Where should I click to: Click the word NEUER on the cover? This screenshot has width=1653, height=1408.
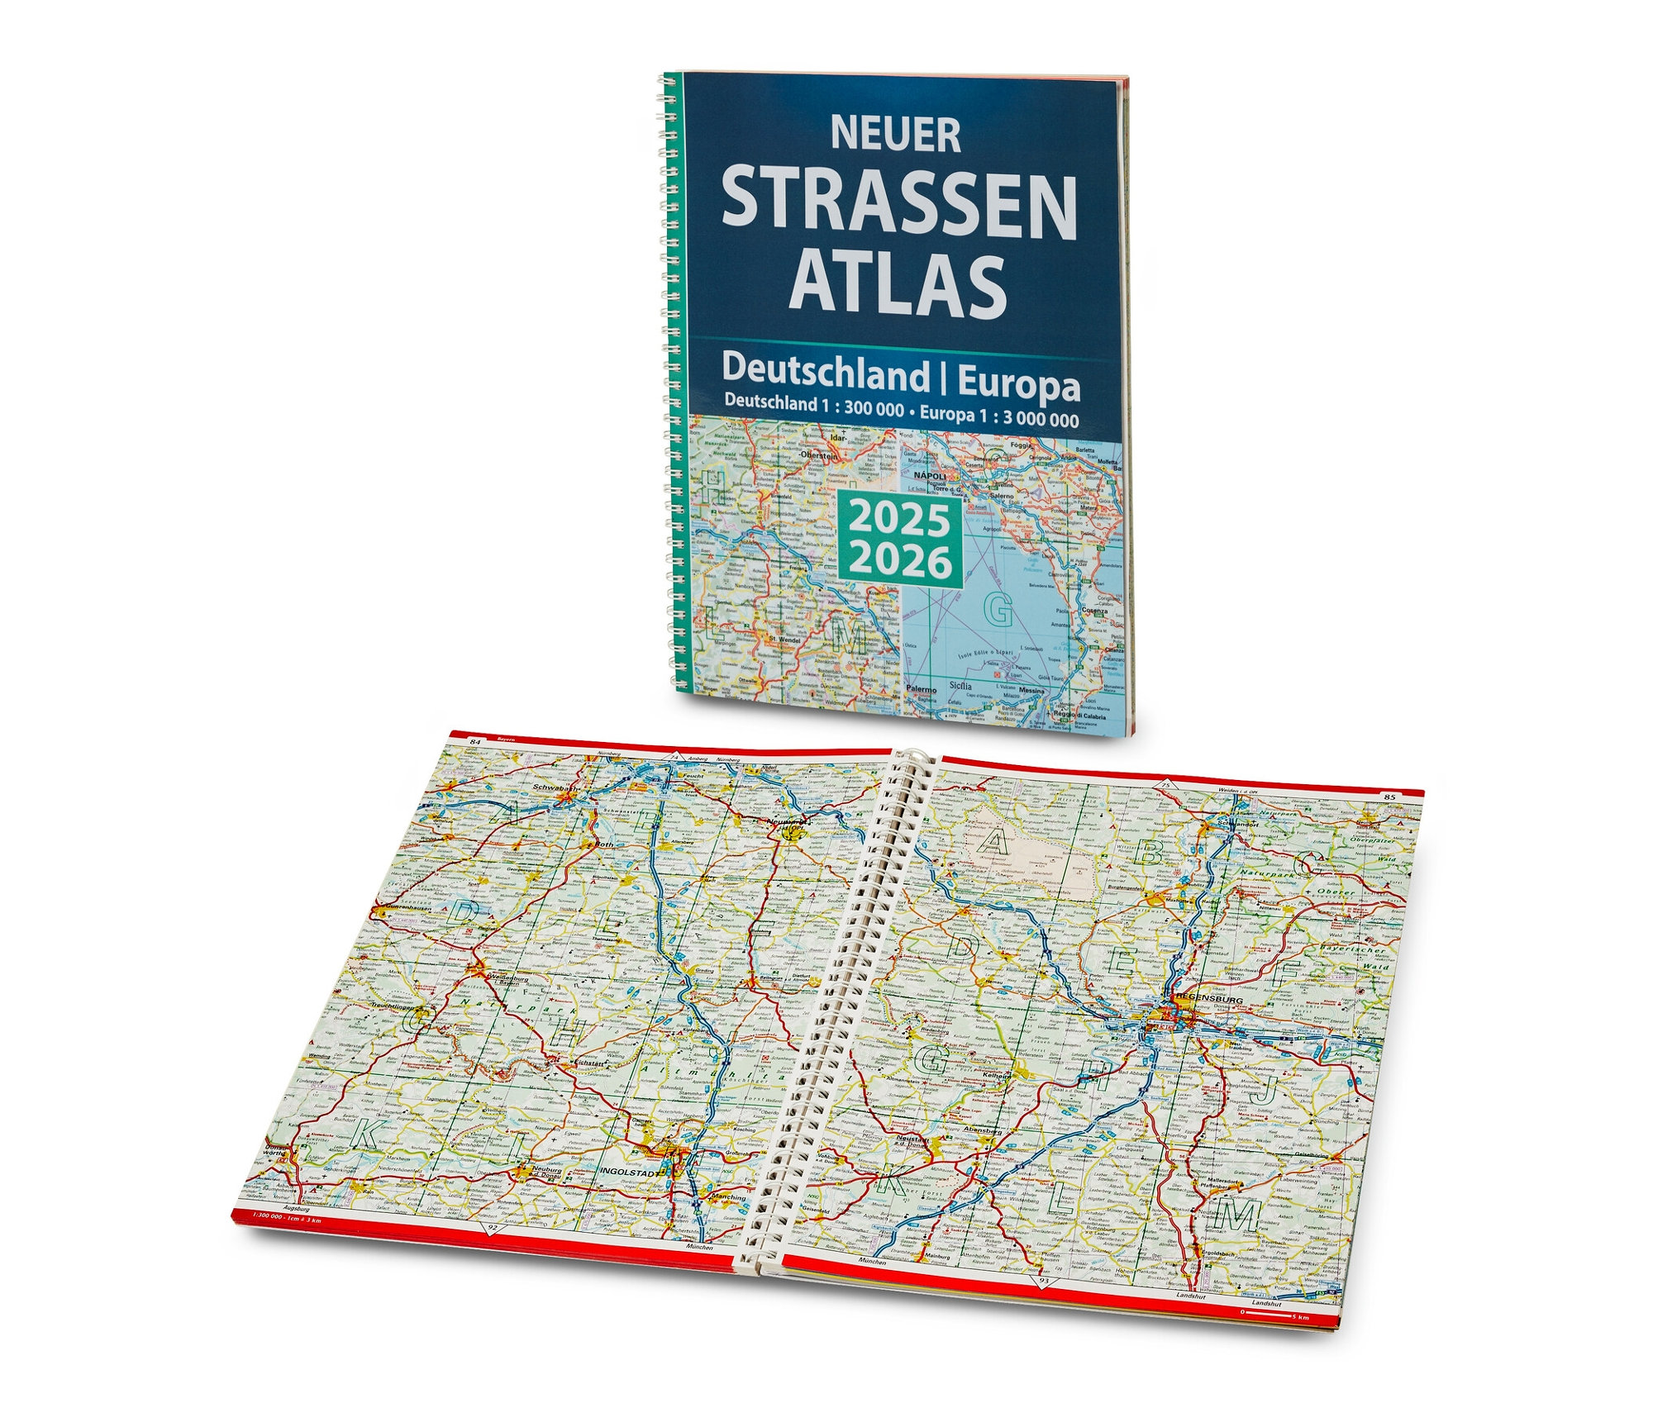coord(896,135)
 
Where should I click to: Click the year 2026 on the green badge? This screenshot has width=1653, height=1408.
coord(899,563)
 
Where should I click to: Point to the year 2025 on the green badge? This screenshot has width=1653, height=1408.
coord(899,521)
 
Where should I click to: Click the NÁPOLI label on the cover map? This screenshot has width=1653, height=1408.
coord(930,477)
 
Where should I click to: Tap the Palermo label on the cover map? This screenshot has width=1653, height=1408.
coord(921,688)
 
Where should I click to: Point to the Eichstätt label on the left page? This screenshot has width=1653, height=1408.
coord(567,1063)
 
